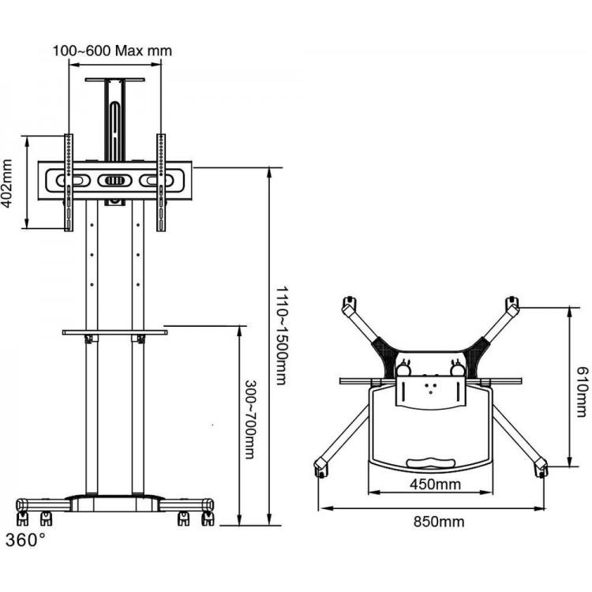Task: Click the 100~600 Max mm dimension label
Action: coord(112,51)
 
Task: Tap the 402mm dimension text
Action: coord(7,183)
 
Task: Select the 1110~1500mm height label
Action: coord(282,335)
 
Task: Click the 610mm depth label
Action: coord(582,392)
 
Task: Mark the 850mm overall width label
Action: coord(439,522)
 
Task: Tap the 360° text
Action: coord(25,540)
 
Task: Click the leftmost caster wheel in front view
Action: coord(22,519)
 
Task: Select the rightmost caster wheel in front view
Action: coord(208,519)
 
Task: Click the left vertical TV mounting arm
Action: coord(69,182)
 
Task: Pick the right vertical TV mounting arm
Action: coord(161,182)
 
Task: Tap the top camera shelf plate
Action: coord(114,80)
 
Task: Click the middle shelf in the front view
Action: coord(114,332)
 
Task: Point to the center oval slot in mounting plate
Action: coord(114,181)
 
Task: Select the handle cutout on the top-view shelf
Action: coord(430,463)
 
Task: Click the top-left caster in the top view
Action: coord(349,303)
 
